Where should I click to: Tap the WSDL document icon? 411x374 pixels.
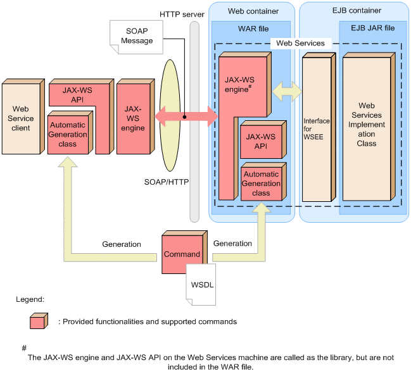pos(203,284)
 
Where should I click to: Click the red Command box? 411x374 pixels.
pos(182,254)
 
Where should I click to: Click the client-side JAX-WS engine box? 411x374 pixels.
pos(132,118)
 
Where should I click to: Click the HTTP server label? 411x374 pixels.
pos(181,14)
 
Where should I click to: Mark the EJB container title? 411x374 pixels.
pos(354,12)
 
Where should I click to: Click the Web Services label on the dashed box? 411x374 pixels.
pos(301,43)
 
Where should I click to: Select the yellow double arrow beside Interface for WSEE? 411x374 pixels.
pos(287,91)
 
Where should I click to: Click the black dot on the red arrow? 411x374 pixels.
pos(185,117)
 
